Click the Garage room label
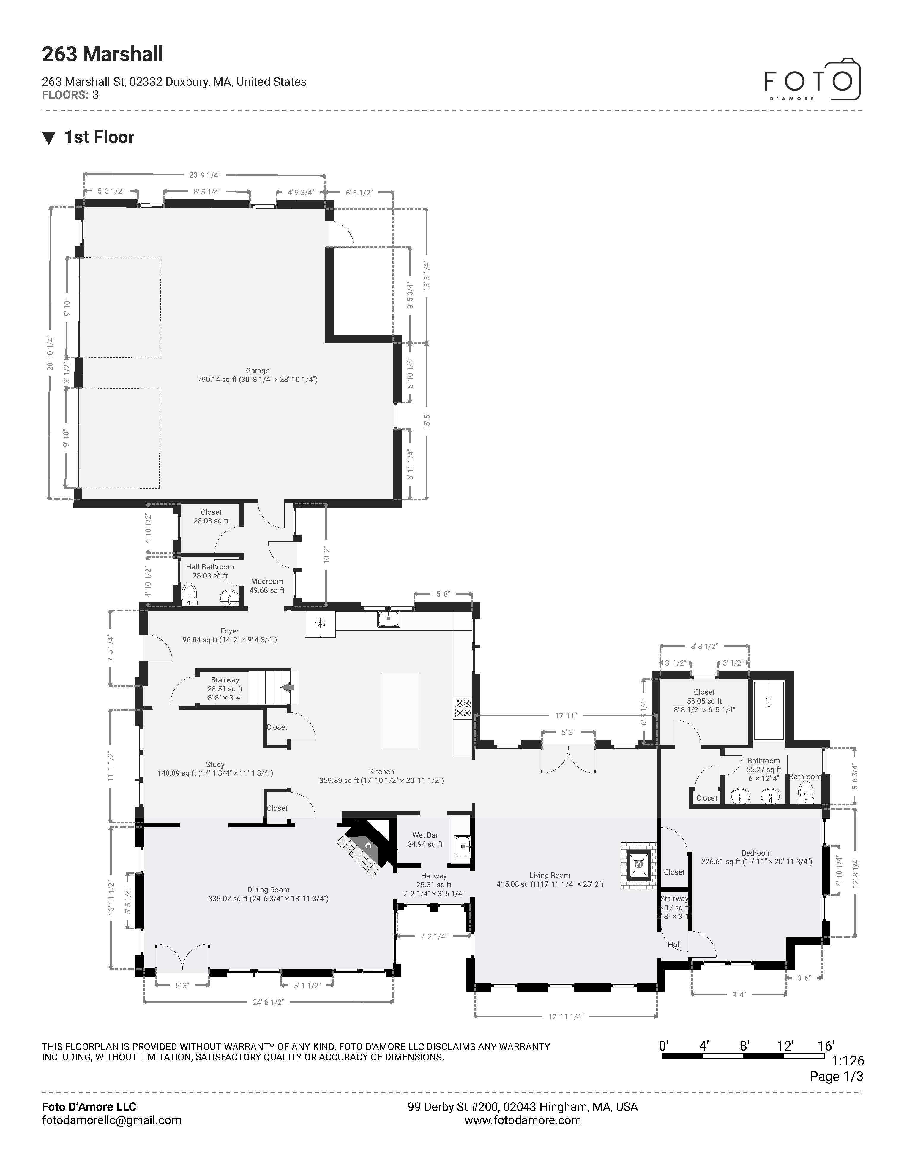point(258,370)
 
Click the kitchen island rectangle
point(400,710)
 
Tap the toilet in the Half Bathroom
point(190,594)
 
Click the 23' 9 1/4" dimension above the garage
point(205,175)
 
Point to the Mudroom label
point(267,581)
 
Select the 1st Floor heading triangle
point(49,138)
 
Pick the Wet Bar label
point(425,835)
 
